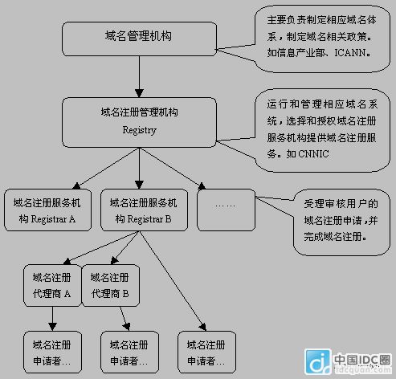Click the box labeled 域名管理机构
[x=139, y=39]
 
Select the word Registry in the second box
[x=140, y=130]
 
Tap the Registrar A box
[x=47, y=210]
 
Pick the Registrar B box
[x=144, y=210]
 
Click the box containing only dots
[x=226, y=210]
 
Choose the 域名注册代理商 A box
[x=52, y=286]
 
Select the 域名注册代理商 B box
[x=110, y=286]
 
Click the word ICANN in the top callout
[x=350, y=53]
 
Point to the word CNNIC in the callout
[x=313, y=154]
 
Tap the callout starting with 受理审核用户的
[x=341, y=222]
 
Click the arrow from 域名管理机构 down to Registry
[x=139, y=77]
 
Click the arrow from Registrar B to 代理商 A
[x=101, y=248]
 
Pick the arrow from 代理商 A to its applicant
[x=52, y=319]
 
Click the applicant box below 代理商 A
[x=52, y=352]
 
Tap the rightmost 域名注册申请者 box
[x=206, y=352]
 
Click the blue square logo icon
[x=318, y=361]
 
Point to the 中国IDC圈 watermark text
[x=362, y=360]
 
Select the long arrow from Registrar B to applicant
[x=173, y=281]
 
